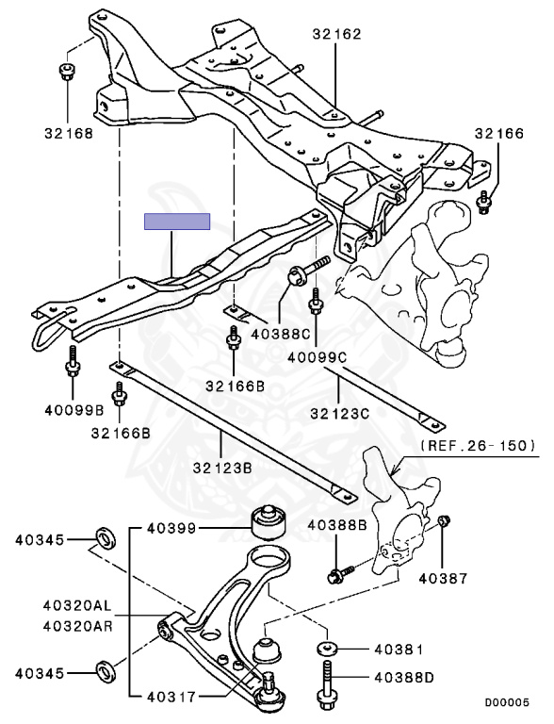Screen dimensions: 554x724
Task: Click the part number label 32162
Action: point(336,34)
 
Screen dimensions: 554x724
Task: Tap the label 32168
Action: point(69,133)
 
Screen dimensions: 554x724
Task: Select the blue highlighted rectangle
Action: point(177,222)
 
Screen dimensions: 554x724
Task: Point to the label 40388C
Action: point(281,333)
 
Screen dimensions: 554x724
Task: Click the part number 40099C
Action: point(317,357)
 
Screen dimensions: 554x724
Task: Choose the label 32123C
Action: point(339,413)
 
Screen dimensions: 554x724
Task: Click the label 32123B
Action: point(222,468)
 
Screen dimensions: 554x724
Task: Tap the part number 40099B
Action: point(74,409)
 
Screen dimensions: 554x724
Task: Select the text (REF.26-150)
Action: point(479,445)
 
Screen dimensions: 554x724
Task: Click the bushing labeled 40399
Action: point(269,523)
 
